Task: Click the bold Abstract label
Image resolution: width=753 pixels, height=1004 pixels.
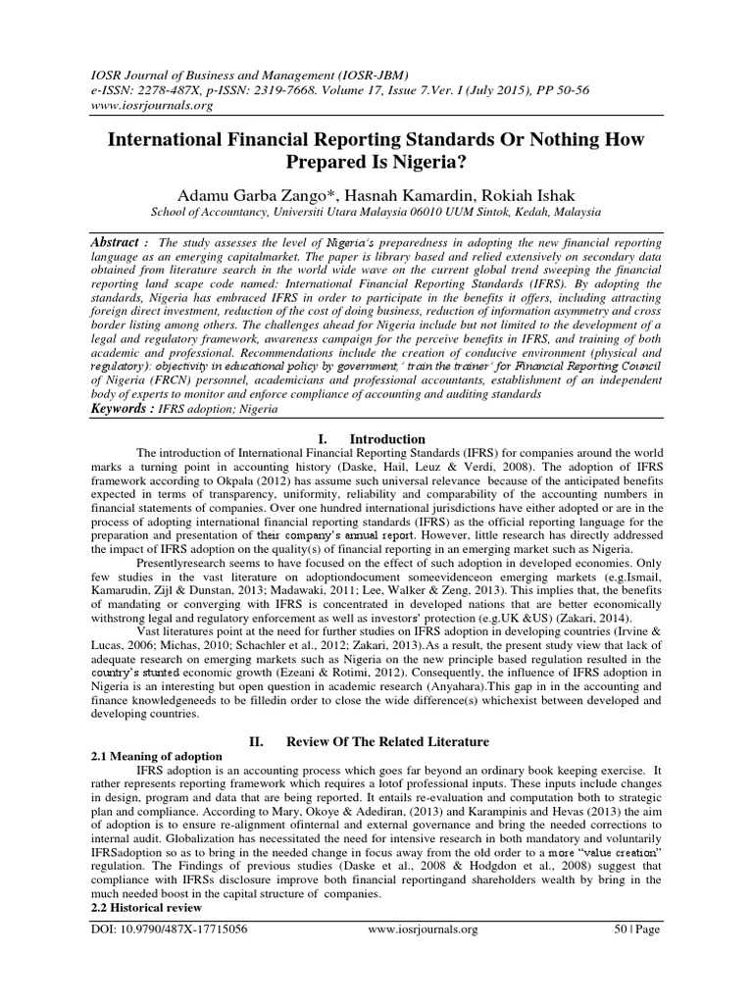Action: point(115,241)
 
